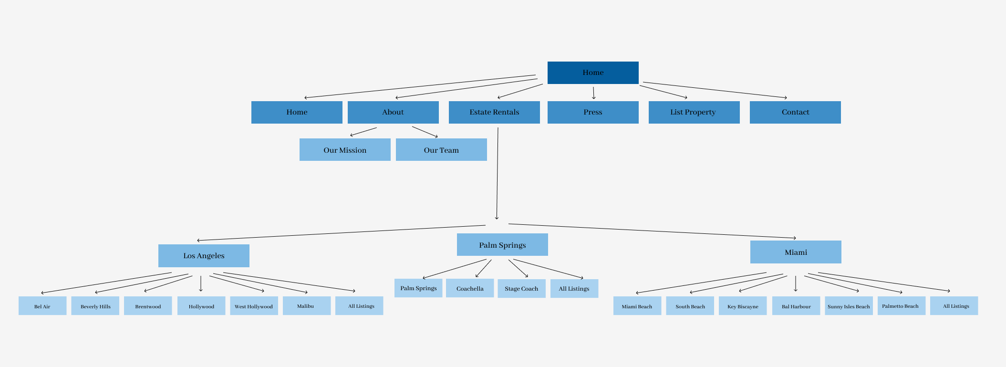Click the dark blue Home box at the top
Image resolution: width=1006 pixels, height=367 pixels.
click(592, 73)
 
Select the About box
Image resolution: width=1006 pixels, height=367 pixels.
click(393, 112)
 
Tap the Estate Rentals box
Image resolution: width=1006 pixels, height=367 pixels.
click(494, 112)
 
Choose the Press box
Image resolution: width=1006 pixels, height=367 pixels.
click(592, 112)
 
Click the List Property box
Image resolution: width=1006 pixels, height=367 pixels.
click(694, 112)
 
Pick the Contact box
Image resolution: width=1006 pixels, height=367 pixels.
click(795, 112)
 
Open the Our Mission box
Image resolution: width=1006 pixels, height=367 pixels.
click(345, 150)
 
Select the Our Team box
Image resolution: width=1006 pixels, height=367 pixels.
click(441, 150)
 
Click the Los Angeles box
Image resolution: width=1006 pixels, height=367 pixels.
click(204, 256)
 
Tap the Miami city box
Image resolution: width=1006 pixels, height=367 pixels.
click(796, 252)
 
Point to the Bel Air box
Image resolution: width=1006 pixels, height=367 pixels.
click(42, 306)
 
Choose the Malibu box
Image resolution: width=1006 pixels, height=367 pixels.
click(306, 306)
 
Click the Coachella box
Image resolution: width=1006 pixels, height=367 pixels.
click(470, 288)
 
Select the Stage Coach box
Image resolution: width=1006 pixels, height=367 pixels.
click(521, 289)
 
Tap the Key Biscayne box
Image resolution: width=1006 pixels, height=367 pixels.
click(743, 306)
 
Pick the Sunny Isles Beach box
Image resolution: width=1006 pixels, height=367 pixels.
click(849, 306)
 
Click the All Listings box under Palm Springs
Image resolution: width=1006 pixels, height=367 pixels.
click(574, 289)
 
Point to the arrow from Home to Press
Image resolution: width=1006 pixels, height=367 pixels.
click(593, 93)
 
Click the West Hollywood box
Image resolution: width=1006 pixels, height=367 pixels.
click(254, 306)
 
